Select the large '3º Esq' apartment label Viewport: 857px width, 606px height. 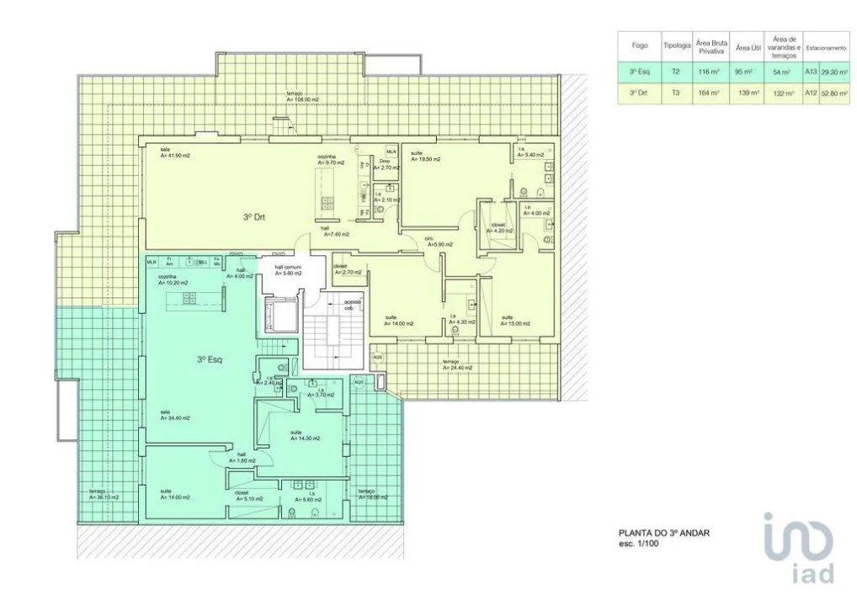coord(210,359)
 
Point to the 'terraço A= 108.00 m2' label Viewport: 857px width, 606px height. coord(302,96)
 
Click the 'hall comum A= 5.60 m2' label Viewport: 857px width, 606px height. coord(287,270)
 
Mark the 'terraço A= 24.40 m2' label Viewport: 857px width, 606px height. coord(457,364)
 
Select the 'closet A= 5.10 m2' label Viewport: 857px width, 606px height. coord(248,496)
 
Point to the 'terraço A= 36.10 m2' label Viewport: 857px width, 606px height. coord(104,495)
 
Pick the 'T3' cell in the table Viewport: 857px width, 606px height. coord(676,93)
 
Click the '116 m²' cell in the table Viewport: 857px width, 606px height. coord(709,72)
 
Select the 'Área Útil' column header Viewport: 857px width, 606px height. coord(743,47)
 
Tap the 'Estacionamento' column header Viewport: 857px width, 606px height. coord(825,48)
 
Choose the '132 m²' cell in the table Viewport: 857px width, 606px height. coord(783,93)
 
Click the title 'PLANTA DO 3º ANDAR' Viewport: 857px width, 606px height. coord(669,532)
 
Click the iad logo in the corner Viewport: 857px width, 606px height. coord(799,548)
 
